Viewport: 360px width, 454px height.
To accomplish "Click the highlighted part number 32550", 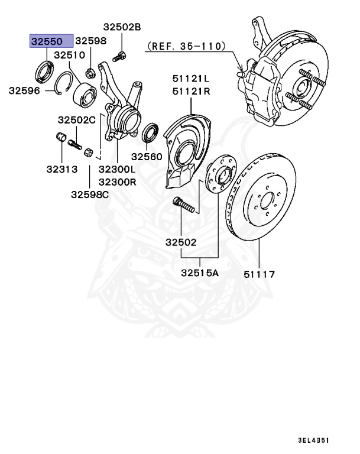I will (x=52, y=41).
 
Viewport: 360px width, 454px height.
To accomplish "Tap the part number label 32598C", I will (x=90, y=194).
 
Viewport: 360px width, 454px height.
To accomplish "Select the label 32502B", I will (x=122, y=27).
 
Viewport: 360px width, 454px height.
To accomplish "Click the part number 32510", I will (x=70, y=55).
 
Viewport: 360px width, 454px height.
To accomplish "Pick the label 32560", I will (x=146, y=157).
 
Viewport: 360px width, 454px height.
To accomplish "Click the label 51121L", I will (x=192, y=78).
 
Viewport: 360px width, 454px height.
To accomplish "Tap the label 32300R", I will (x=117, y=181).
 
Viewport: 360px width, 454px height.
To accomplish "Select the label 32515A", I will (x=200, y=273).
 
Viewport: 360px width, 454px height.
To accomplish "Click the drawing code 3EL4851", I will (x=314, y=441).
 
